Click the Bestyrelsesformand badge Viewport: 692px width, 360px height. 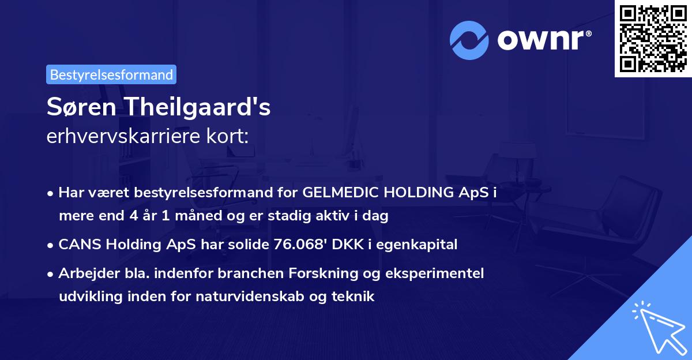coord(111,74)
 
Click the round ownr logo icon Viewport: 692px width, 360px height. coord(469,40)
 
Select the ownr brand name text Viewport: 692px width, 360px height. coord(544,40)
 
